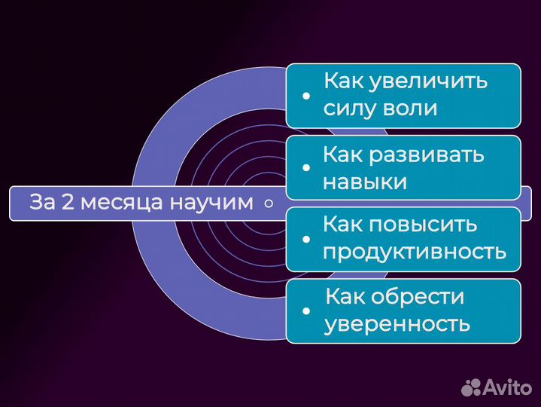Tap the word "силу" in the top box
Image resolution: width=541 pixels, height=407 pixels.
[x=345, y=108]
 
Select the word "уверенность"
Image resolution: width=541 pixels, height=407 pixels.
[x=397, y=324]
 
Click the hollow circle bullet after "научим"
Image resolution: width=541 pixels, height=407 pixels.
[x=269, y=203]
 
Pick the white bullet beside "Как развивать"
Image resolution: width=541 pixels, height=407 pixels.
[x=305, y=169]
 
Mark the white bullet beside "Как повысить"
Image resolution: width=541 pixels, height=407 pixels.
[x=305, y=239]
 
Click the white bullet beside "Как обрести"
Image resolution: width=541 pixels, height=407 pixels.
[x=305, y=311]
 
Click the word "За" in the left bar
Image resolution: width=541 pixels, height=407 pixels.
[x=40, y=203]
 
